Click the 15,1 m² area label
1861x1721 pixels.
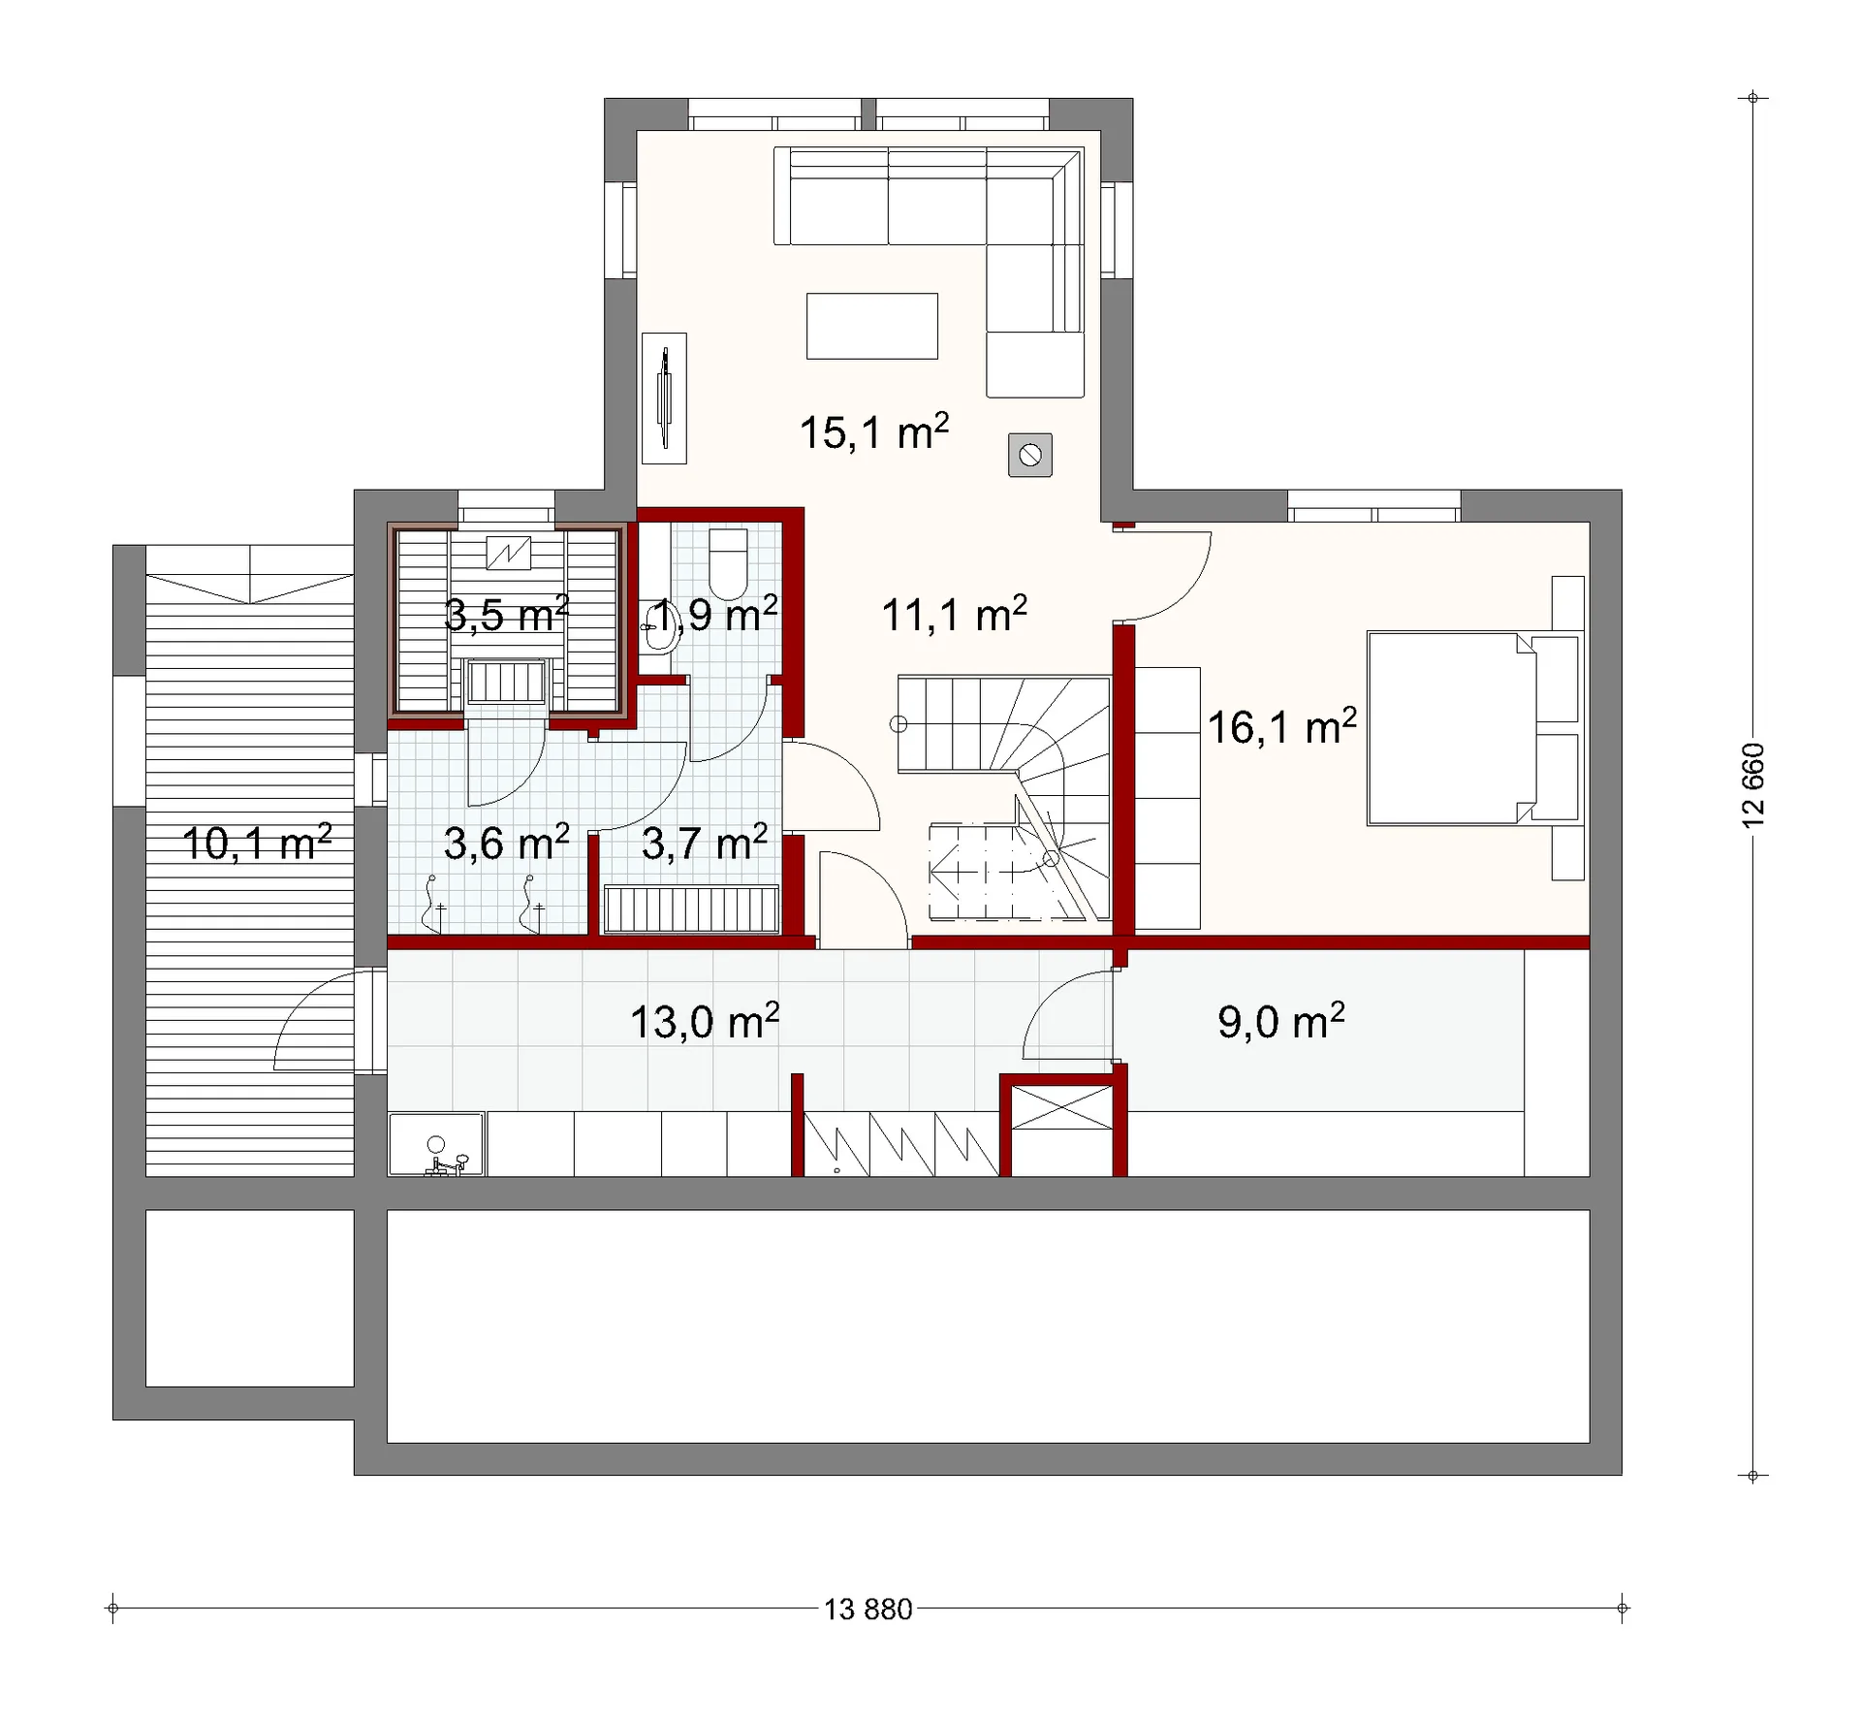(x=874, y=431)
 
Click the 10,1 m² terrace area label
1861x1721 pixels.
(x=257, y=844)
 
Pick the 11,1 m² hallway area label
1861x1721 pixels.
(x=955, y=615)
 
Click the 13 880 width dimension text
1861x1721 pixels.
(x=868, y=1609)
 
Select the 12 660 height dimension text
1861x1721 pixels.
(x=1753, y=785)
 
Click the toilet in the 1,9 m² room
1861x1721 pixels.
(x=728, y=564)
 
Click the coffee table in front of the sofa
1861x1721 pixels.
(x=872, y=327)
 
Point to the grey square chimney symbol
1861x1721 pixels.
(x=1030, y=455)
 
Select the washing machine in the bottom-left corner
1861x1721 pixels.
(x=436, y=1145)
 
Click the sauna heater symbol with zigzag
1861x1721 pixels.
(x=509, y=553)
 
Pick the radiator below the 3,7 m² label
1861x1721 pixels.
(x=692, y=909)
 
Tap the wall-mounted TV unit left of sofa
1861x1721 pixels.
(x=664, y=398)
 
